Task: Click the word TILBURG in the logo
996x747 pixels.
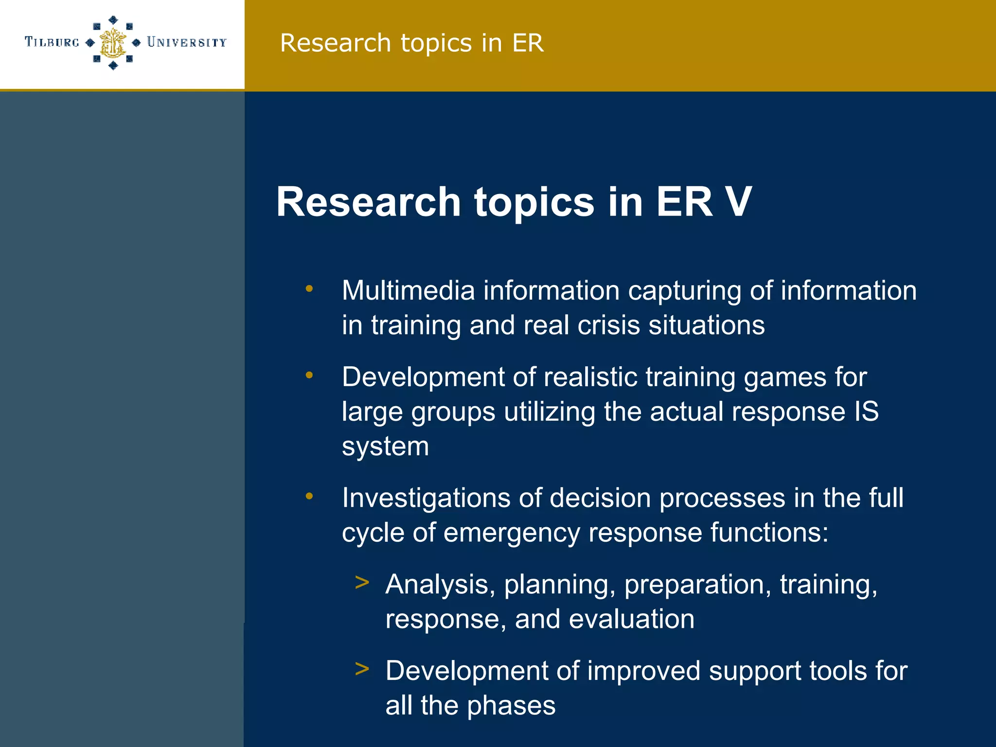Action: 52,42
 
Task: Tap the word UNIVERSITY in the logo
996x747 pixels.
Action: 187,42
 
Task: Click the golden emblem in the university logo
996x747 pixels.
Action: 113,43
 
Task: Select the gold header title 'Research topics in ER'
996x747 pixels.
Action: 411,43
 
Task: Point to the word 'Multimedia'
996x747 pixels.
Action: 408,291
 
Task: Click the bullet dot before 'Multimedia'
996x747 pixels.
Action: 309,289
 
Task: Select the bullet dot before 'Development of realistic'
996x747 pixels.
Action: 309,375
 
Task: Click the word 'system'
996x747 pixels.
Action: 385,447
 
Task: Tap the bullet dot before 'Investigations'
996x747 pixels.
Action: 309,497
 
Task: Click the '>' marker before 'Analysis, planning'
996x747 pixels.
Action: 362,583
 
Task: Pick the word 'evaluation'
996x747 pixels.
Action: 631,619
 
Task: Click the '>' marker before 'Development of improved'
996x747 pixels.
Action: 362,669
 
